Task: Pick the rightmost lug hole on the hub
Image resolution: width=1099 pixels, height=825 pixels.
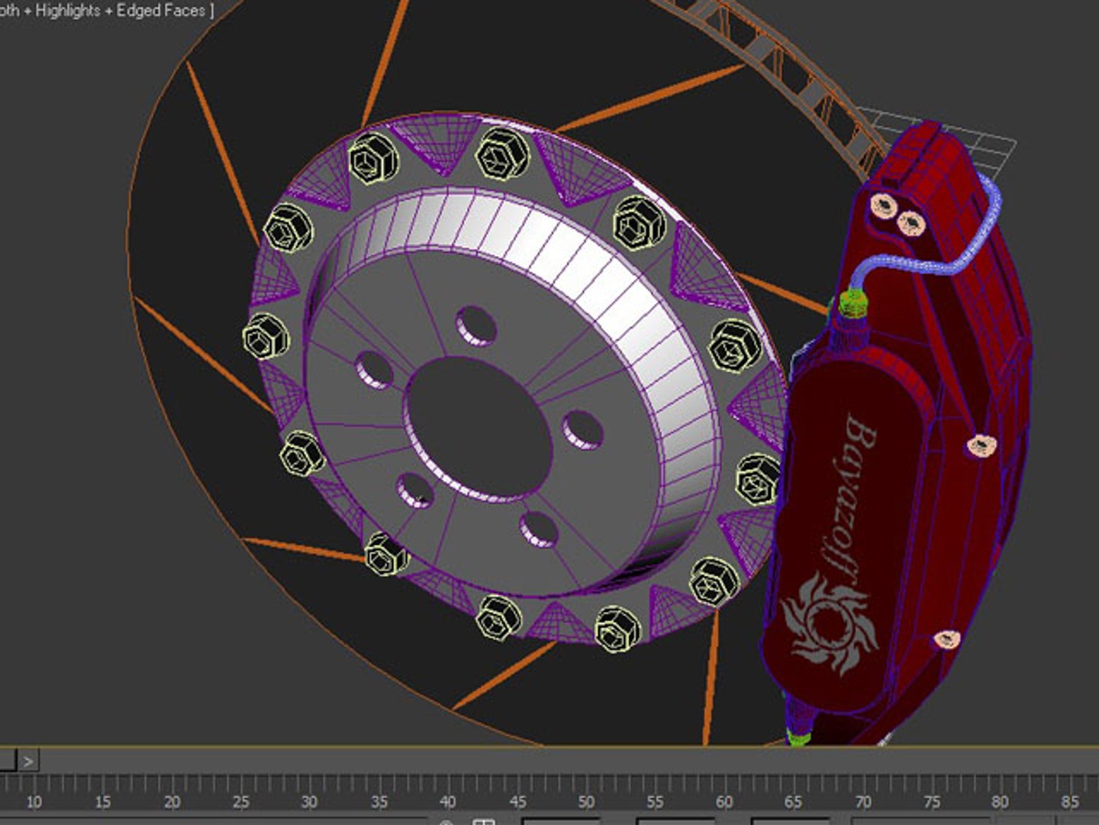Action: point(583,430)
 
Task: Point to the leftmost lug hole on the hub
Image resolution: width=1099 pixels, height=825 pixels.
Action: point(374,370)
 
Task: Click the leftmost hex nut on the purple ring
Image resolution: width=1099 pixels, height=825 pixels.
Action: point(265,337)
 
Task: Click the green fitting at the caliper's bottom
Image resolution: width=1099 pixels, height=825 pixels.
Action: point(798,738)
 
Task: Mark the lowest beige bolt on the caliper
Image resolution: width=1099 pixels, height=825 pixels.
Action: point(946,640)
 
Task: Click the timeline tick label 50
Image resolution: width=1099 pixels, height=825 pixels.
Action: point(585,801)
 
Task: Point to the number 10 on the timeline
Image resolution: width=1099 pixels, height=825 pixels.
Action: point(34,801)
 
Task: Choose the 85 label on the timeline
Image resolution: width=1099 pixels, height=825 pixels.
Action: point(1069,801)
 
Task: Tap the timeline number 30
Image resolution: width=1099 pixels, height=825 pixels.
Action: point(309,801)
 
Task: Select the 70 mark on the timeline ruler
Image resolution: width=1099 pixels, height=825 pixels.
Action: point(862,801)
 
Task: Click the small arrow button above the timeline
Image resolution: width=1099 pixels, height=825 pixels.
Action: point(28,761)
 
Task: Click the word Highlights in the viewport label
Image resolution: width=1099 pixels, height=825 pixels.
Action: point(68,11)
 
